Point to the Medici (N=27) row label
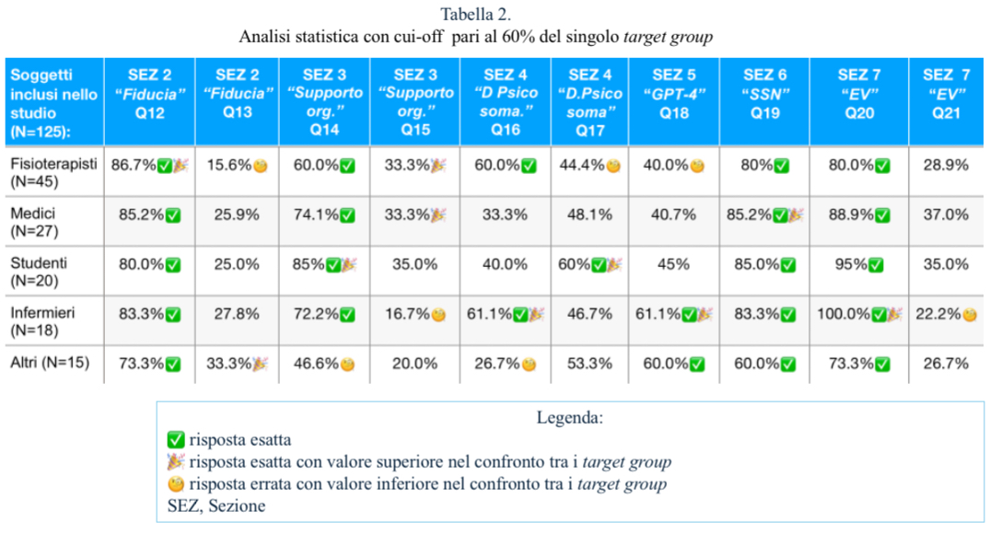pos(35,222)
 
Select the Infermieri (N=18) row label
pos(42,321)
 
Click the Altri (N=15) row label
pos(51,363)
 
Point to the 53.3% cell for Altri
pos(590,363)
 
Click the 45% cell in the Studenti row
pos(674,264)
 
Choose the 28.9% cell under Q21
pos(945,166)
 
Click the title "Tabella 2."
pos(476,15)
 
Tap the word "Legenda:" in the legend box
pos(570,418)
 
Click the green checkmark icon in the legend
pos(175,440)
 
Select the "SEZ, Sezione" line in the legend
pos(216,506)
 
